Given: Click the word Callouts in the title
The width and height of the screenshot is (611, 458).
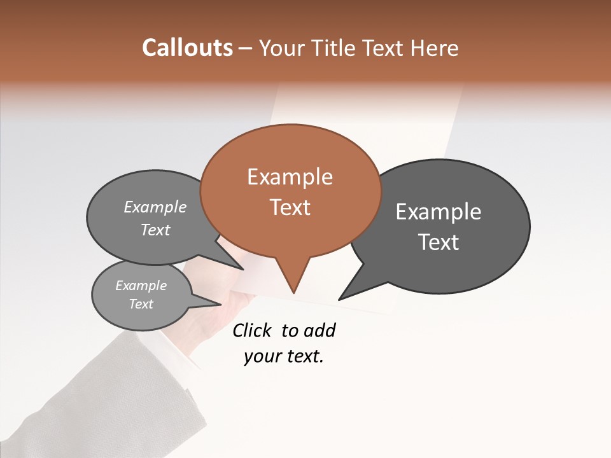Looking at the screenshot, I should [187, 48].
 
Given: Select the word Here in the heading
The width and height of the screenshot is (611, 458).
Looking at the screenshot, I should [435, 48].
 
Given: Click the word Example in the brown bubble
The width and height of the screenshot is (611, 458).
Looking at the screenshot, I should [290, 177].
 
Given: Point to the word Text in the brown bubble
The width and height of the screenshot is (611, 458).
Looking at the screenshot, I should [290, 207].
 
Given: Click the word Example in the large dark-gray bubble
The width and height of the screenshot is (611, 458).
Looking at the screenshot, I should [439, 212].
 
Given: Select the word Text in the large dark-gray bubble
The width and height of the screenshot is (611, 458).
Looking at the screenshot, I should [439, 242].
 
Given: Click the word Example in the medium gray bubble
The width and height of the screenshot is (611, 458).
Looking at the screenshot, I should [155, 207].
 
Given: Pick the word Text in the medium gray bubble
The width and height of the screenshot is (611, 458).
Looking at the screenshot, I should [155, 230].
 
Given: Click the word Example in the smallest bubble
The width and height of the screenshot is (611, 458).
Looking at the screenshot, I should [141, 286].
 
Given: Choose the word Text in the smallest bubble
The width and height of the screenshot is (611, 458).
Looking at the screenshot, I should [141, 304].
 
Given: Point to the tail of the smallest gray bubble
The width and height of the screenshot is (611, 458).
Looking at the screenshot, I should [210, 300].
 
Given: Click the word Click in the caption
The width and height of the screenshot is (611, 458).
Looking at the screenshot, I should [253, 330].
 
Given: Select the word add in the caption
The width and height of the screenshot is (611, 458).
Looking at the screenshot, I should [319, 330].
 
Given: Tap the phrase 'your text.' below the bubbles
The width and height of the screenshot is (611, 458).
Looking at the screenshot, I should [283, 357].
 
